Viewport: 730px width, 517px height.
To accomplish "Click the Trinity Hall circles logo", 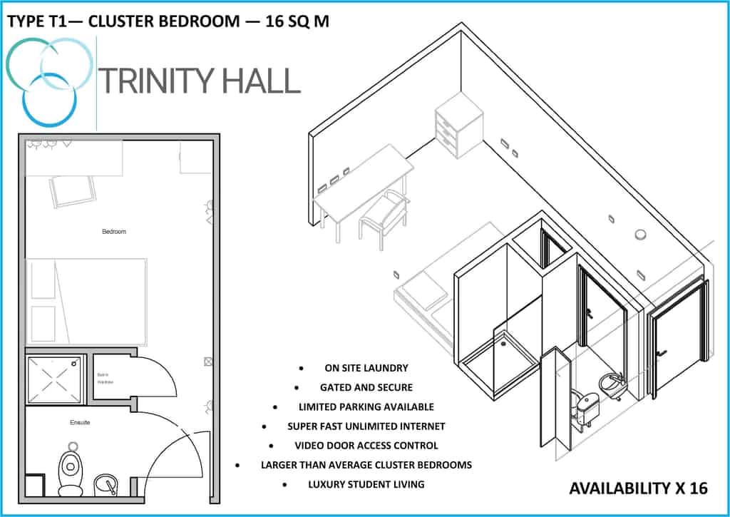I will pyautogui.click(x=50, y=78).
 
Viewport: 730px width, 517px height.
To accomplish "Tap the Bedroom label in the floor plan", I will pyautogui.click(x=114, y=232).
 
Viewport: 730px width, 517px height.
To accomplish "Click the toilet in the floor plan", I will pyautogui.click(x=70, y=471).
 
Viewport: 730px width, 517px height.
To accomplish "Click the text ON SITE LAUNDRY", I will pyautogui.click(x=366, y=368).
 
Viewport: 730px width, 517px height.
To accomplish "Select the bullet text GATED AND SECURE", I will pyautogui.click(x=366, y=387).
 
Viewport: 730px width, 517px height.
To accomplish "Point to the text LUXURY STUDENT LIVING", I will pyautogui.click(x=366, y=484).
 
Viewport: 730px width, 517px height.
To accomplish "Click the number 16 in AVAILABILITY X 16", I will pyautogui.click(x=698, y=488).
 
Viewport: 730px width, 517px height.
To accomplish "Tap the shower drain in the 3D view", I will pyautogui.click(x=504, y=343).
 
